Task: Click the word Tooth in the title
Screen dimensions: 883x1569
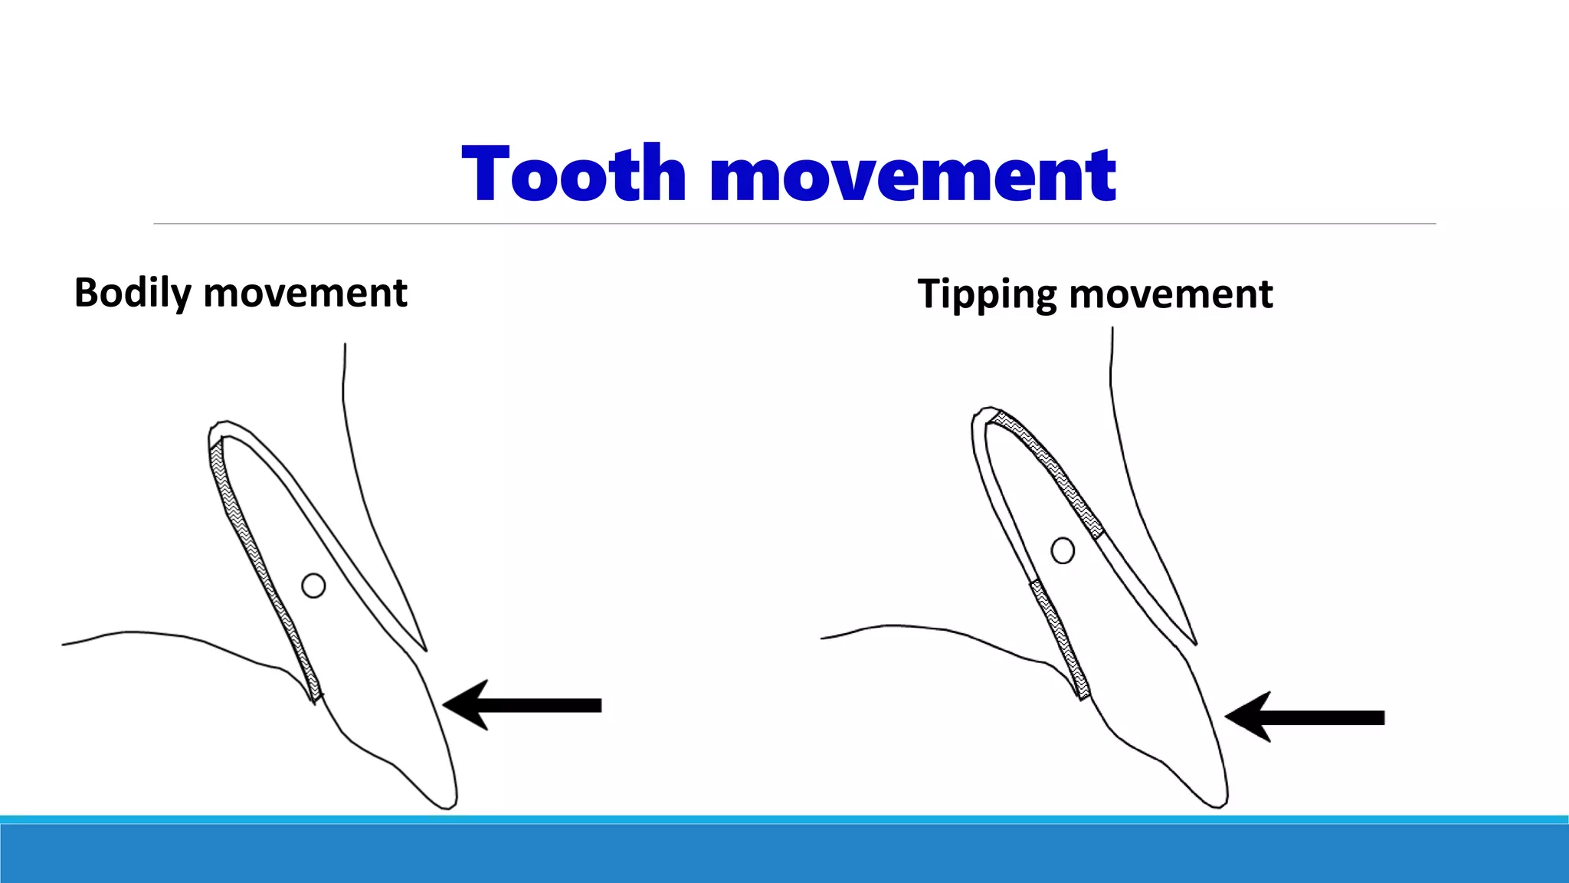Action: tap(573, 175)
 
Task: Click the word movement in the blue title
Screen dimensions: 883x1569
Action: tap(912, 176)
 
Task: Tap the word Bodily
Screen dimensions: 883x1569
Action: tap(132, 294)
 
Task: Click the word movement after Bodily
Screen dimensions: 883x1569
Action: tap(305, 293)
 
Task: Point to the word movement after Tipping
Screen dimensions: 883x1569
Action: tap(1171, 294)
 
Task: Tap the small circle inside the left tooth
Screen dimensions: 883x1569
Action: tap(313, 586)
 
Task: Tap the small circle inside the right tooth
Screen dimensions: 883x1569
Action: tap(1063, 550)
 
